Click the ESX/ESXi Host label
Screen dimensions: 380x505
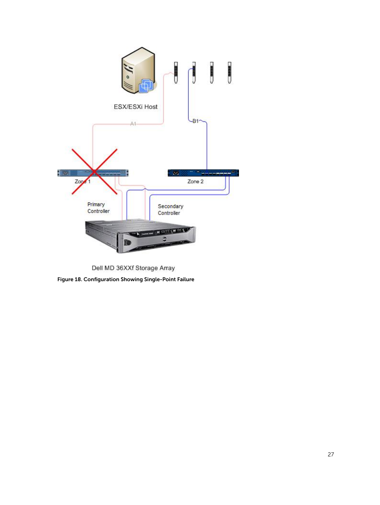pyautogui.click(x=135, y=107)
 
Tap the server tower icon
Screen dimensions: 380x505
pyautogui.click(x=139, y=70)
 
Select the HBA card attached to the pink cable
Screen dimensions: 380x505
pyautogui.click(x=176, y=72)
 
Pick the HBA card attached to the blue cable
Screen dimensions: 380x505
pyautogui.click(x=194, y=72)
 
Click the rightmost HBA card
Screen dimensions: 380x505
pyautogui.click(x=229, y=72)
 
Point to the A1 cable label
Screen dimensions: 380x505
pyautogui.click(x=133, y=124)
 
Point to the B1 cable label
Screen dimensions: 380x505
pyautogui.click(x=195, y=121)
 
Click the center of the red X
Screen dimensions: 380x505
pyautogui.click(x=94, y=171)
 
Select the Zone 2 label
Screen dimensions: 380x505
pyautogui.click(x=195, y=182)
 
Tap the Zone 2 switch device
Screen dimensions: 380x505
pyautogui.click(x=203, y=173)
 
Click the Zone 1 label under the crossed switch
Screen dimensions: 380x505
pyautogui.click(x=82, y=182)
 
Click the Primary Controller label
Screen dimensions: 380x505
pyautogui.click(x=98, y=208)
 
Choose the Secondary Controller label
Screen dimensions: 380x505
pyautogui.click(x=170, y=209)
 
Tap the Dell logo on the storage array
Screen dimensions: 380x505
pyautogui.click(x=165, y=239)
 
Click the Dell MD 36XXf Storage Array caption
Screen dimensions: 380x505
pyautogui.click(x=133, y=268)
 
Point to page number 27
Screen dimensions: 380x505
pyautogui.click(x=331, y=454)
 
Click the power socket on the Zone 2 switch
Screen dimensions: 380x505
pyautogui.click(x=176, y=173)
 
